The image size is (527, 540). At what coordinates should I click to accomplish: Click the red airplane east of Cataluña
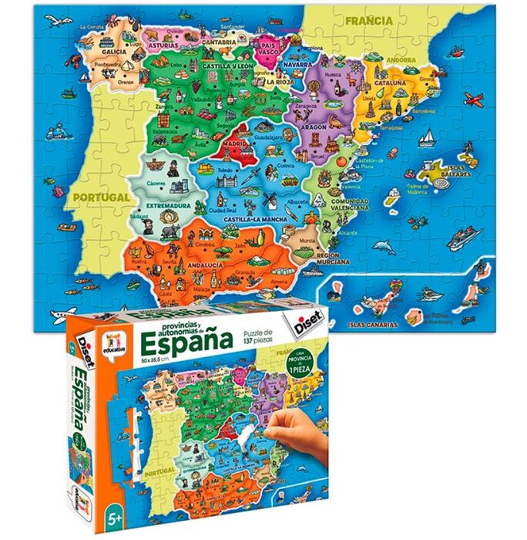(x=472, y=98)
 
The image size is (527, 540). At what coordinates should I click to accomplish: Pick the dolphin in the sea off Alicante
(x=383, y=247)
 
